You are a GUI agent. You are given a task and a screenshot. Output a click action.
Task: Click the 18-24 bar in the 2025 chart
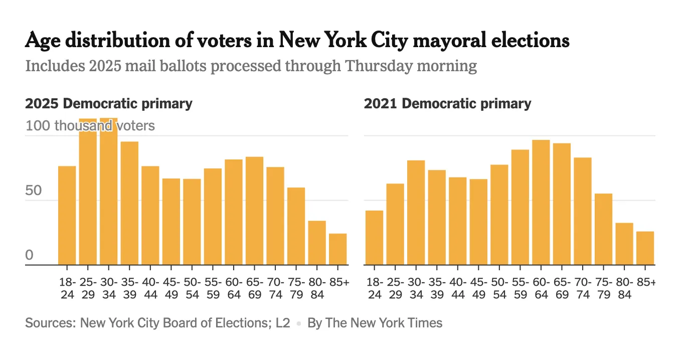pos(67,216)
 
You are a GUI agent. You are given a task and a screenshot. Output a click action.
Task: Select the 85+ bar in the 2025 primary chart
pos(338,249)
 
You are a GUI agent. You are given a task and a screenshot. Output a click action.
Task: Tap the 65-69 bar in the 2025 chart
pos(254,211)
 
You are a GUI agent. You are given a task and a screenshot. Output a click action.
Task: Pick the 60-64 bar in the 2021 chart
pos(541,203)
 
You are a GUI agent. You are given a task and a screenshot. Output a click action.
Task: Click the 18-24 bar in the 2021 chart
pos(374,238)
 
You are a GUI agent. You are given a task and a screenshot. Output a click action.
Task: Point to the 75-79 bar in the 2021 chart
pos(603,229)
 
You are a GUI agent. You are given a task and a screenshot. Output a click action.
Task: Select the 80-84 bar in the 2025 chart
pos(317,243)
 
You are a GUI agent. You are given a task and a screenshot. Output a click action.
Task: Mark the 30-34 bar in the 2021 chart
pos(416,213)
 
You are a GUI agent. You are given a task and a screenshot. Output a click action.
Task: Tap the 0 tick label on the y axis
pos(29,256)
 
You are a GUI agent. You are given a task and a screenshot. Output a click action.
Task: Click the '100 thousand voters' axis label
pos(90,125)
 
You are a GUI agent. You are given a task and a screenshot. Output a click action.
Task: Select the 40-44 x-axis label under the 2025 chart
pos(150,288)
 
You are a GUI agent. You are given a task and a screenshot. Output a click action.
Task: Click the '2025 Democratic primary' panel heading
pos(109,104)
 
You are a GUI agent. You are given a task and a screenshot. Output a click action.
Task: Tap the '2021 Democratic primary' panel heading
pos(447,104)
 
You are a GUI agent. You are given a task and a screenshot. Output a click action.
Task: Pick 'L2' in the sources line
pos(283,323)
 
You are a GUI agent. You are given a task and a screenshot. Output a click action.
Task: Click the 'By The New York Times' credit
pos(375,323)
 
